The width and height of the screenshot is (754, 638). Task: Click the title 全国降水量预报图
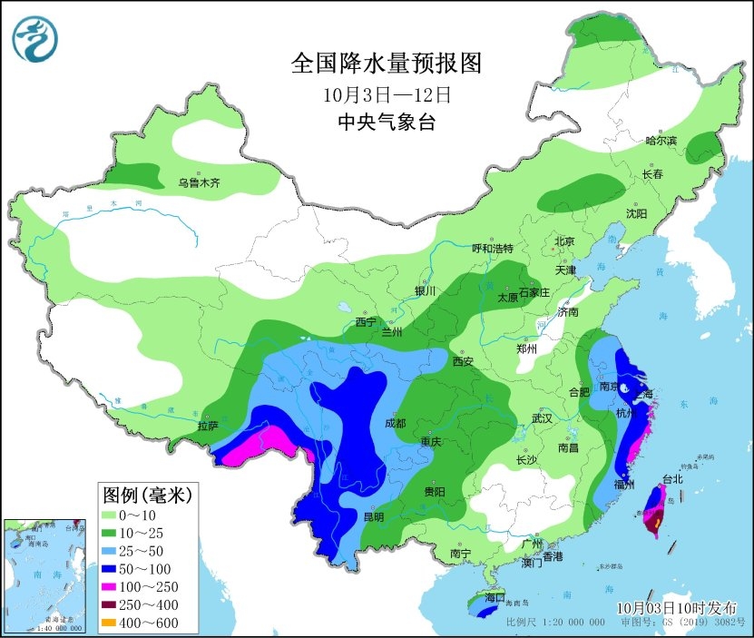coord(386,63)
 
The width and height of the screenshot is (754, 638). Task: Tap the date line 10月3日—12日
coord(386,93)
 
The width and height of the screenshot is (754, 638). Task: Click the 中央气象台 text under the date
coord(386,122)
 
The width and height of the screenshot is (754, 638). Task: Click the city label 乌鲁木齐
coord(199,182)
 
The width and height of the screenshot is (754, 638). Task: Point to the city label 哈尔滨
coord(661,141)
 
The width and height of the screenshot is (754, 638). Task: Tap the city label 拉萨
coord(208,425)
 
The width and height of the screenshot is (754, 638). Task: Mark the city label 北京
coord(564,240)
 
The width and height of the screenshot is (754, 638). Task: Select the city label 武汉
coord(543,418)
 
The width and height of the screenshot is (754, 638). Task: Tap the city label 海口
coord(494,598)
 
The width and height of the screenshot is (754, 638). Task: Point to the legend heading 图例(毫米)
coord(145,496)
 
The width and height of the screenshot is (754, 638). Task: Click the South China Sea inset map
coord(47,574)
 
